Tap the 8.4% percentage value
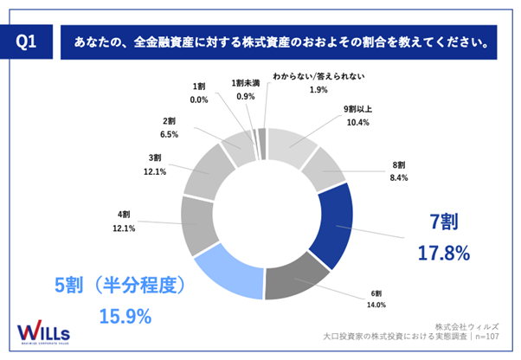(x=398, y=177)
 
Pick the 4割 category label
(x=125, y=214)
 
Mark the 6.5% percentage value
(x=170, y=134)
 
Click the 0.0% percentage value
(x=199, y=100)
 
